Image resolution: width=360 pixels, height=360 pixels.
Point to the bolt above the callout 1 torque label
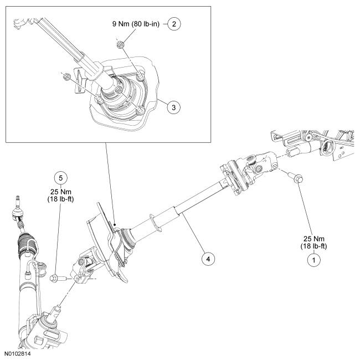pyautogui.click(x=295, y=179)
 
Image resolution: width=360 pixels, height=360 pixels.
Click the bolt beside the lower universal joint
pyautogui.click(x=58, y=278)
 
